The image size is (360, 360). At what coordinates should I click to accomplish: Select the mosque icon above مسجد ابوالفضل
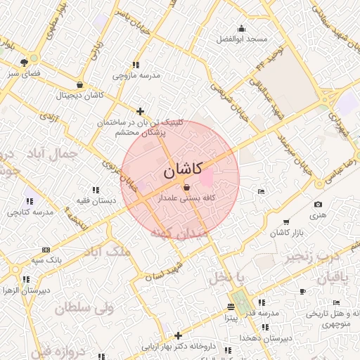click(x=242, y=29)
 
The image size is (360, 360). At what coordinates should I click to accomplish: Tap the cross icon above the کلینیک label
click(x=141, y=111)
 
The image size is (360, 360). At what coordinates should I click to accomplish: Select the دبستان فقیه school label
click(x=96, y=201)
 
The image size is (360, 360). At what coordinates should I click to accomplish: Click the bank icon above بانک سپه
click(x=46, y=250)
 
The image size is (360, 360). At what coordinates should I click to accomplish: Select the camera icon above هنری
click(x=318, y=205)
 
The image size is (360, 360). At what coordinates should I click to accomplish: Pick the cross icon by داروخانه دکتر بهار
click(x=178, y=335)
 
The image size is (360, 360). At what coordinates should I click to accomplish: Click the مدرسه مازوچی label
click(x=136, y=75)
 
